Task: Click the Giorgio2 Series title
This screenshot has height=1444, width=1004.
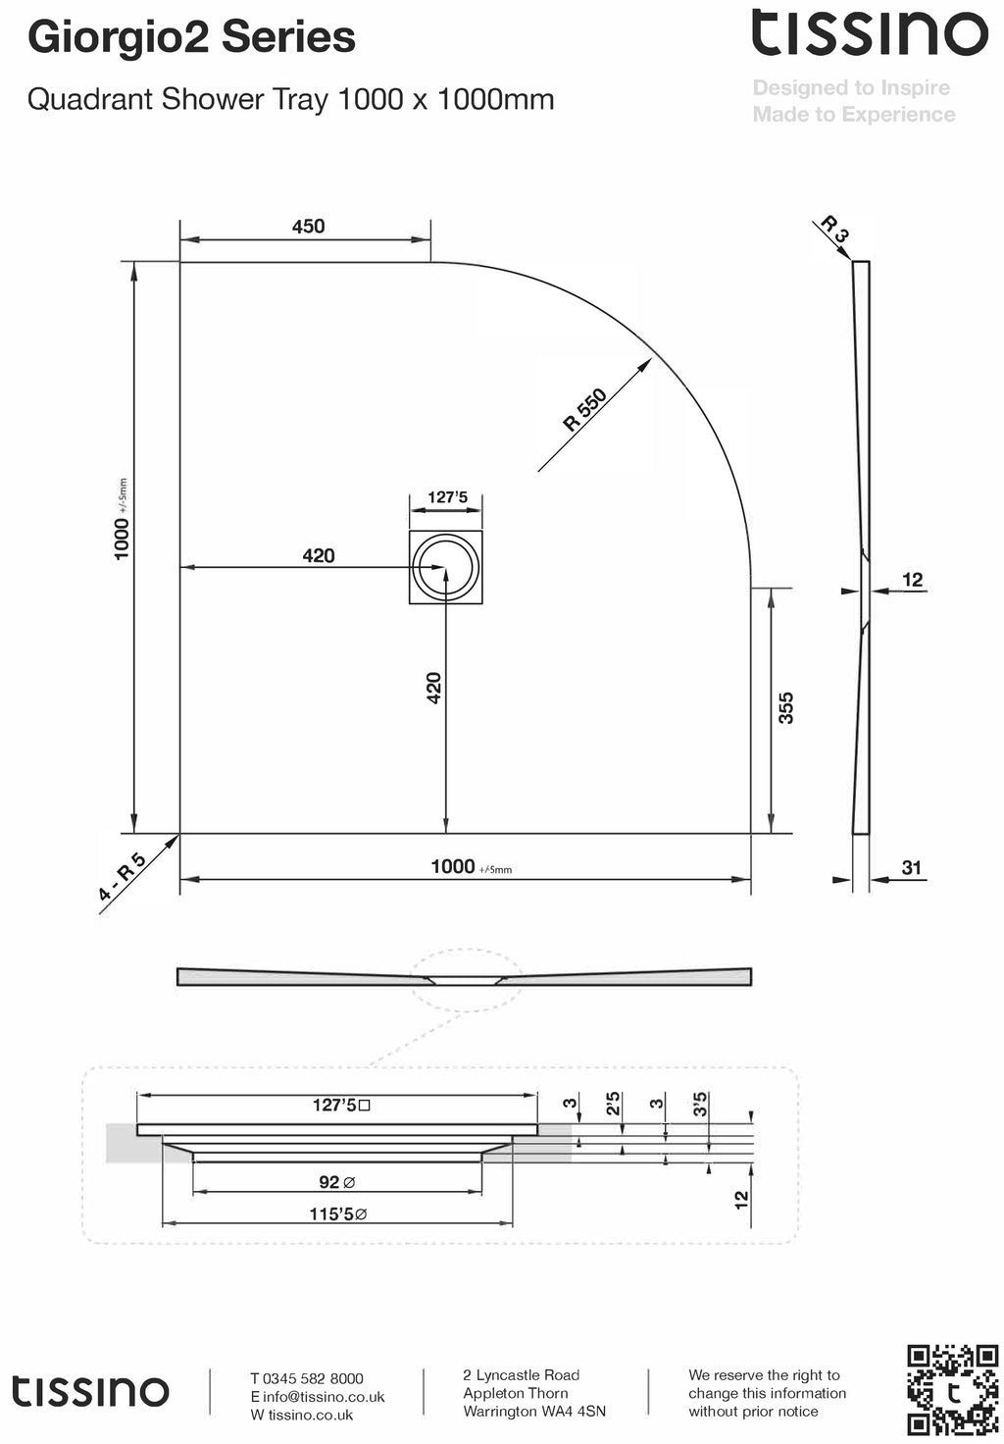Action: click(191, 37)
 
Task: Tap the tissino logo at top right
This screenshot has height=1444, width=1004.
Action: click(869, 33)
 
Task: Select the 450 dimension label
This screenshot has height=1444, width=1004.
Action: click(308, 227)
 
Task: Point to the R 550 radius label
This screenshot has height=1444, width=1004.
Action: click(585, 410)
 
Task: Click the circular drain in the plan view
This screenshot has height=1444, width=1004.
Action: click(446, 567)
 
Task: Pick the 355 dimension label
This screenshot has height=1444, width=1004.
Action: click(785, 707)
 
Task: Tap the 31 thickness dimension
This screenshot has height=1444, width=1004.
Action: click(912, 867)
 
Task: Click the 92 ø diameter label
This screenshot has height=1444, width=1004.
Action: click(336, 1182)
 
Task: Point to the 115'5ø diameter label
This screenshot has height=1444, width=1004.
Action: click(338, 1214)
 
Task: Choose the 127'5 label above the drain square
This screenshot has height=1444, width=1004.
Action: click(447, 497)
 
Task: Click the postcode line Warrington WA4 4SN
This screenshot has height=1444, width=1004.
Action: click(534, 1411)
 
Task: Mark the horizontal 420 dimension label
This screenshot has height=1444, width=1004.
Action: click(319, 556)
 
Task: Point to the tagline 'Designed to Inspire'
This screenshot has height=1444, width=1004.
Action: click(851, 88)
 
